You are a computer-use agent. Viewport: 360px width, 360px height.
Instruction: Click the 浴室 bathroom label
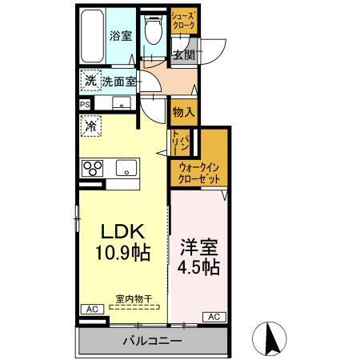120,36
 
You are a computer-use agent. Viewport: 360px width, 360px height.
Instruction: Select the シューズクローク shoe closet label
182,19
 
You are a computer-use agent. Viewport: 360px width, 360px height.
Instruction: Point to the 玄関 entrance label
183,55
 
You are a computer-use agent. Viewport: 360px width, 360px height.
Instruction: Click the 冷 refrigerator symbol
91,126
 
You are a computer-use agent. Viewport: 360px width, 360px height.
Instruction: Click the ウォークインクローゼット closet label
199,173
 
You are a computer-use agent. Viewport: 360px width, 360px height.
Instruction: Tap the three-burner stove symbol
93,168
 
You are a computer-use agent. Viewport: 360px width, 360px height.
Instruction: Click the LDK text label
122,231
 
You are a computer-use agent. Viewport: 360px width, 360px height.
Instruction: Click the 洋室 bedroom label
199,246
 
